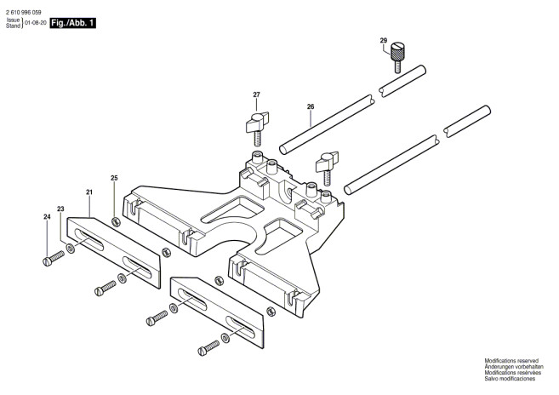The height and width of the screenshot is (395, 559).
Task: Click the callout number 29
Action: [x=383, y=40]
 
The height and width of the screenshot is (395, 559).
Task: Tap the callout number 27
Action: [x=256, y=94]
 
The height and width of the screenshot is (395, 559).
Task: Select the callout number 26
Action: [x=311, y=106]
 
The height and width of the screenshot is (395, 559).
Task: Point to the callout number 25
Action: [x=114, y=178]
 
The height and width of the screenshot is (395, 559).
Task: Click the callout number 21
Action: [x=89, y=192]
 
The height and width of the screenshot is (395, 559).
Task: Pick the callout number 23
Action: [x=60, y=209]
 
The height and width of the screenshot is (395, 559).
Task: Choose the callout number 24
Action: [x=47, y=216]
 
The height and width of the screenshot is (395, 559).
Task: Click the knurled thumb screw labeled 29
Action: [x=396, y=58]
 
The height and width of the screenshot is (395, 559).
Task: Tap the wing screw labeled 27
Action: [x=258, y=129]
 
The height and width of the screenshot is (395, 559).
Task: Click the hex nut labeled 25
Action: [x=116, y=222]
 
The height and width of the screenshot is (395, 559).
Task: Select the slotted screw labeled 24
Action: [x=54, y=258]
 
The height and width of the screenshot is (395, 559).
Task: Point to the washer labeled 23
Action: [x=71, y=248]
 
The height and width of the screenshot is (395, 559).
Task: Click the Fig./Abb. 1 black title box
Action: [x=72, y=23]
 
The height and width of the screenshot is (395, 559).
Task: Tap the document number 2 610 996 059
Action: [x=24, y=12]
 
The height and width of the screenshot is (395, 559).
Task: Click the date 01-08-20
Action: [x=35, y=23]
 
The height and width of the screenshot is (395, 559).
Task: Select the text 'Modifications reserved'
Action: [x=511, y=361]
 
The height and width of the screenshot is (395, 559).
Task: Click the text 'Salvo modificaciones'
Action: [x=510, y=379]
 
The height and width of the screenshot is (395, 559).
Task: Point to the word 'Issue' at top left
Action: [x=14, y=20]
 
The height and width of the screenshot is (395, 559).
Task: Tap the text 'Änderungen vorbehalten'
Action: [x=514, y=367]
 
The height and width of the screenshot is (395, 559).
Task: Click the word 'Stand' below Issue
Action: [x=13, y=26]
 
